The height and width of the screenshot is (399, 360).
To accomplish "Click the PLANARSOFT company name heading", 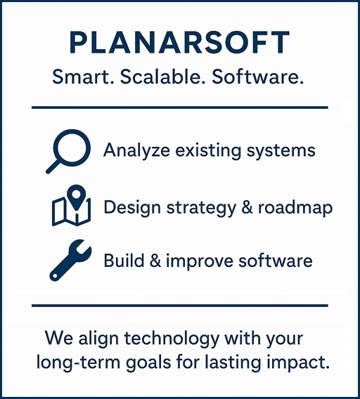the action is [x=179, y=42].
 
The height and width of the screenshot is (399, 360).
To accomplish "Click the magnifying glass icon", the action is [x=68, y=152].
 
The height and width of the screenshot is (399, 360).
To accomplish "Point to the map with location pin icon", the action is [x=71, y=206].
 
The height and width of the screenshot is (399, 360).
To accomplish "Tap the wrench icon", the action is [x=70, y=260].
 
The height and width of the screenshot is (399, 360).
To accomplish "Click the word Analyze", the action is [x=136, y=150].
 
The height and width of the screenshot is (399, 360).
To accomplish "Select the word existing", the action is [x=207, y=150].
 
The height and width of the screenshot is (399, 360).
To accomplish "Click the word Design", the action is [x=132, y=208].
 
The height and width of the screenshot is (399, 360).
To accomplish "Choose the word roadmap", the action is [x=295, y=208].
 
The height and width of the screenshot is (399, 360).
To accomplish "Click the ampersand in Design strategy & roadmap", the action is [x=247, y=207].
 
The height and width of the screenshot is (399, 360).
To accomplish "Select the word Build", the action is [x=124, y=260].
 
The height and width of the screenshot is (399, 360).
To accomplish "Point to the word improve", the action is [x=200, y=261].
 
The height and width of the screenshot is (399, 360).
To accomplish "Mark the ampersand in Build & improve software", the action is [x=155, y=261].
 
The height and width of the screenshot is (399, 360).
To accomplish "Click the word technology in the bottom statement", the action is [x=172, y=339].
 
